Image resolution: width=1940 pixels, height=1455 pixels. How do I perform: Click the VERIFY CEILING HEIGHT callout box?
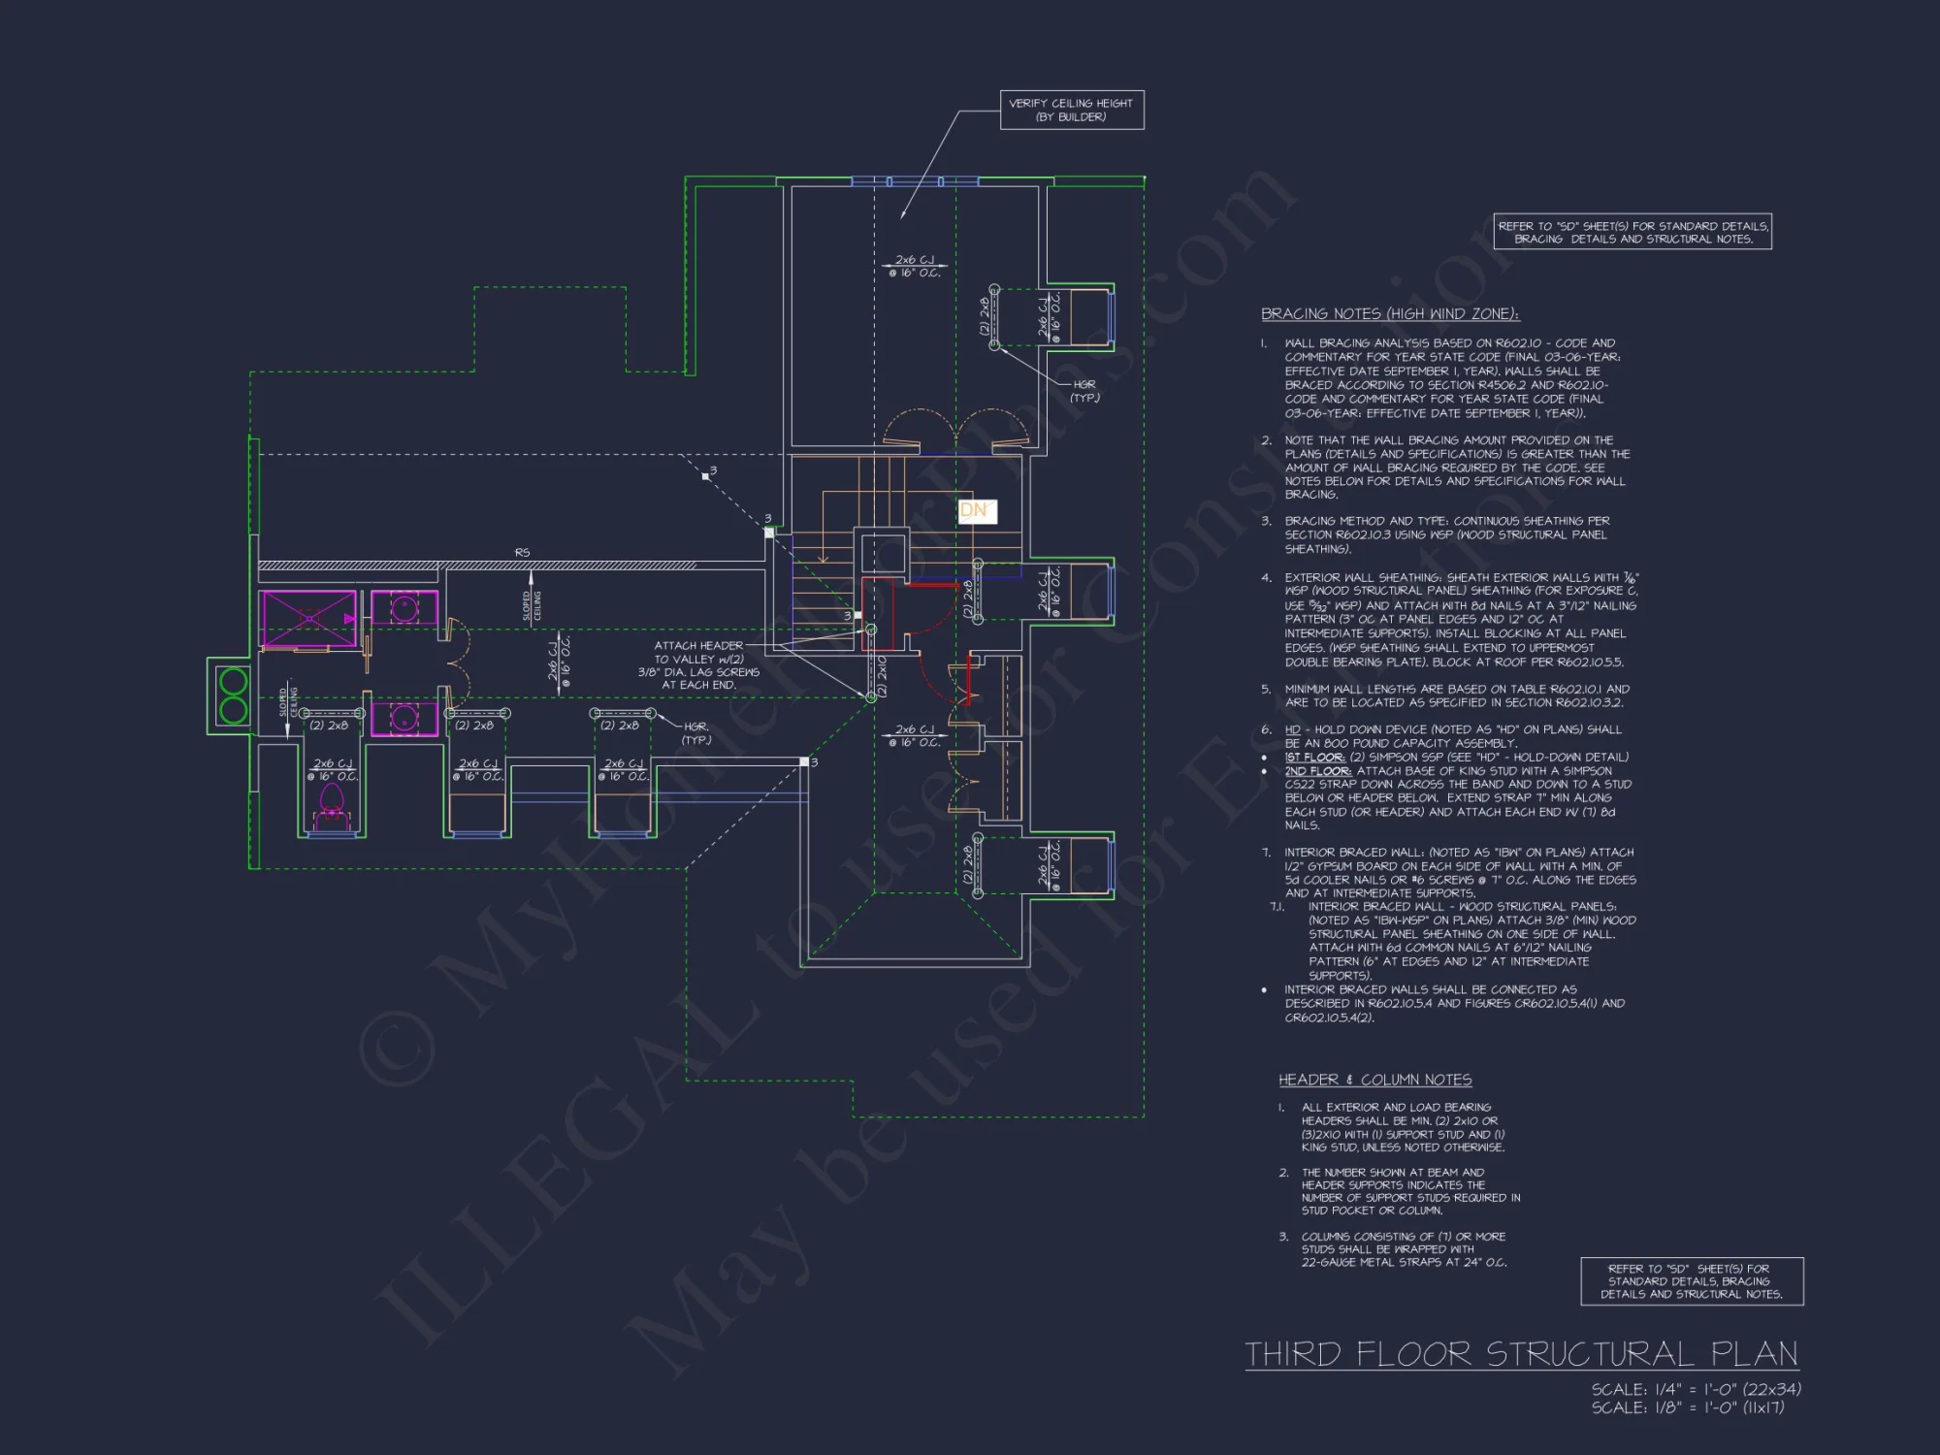click(1072, 110)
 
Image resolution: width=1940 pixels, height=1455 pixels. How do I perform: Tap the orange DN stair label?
click(974, 510)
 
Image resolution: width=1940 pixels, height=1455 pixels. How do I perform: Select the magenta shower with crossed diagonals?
click(308, 618)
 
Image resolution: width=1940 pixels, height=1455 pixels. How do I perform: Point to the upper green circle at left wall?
click(234, 681)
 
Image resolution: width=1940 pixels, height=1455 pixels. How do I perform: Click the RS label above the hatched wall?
click(522, 552)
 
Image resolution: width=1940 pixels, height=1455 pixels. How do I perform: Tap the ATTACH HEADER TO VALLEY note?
click(698, 664)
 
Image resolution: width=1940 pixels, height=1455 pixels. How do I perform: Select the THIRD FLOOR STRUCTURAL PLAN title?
click(1521, 1353)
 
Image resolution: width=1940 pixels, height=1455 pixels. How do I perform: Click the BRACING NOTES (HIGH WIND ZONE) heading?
click(1389, 313)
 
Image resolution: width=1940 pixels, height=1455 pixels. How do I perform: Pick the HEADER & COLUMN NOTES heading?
click(1374, 1080)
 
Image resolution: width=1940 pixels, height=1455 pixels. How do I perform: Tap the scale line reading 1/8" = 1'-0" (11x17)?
click(1687, 1407)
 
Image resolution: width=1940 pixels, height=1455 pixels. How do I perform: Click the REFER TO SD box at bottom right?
click(1691, 1280)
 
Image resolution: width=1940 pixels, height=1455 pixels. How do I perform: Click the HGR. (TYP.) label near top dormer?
click(1084, 391)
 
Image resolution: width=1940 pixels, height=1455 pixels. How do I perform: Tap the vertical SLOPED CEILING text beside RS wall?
click(532, 605)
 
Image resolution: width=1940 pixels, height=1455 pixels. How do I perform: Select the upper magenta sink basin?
click(404, 609)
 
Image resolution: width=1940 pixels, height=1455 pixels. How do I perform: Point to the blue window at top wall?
click(915, 181)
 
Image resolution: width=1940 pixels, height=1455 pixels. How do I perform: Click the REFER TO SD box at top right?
click(1632, 232)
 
